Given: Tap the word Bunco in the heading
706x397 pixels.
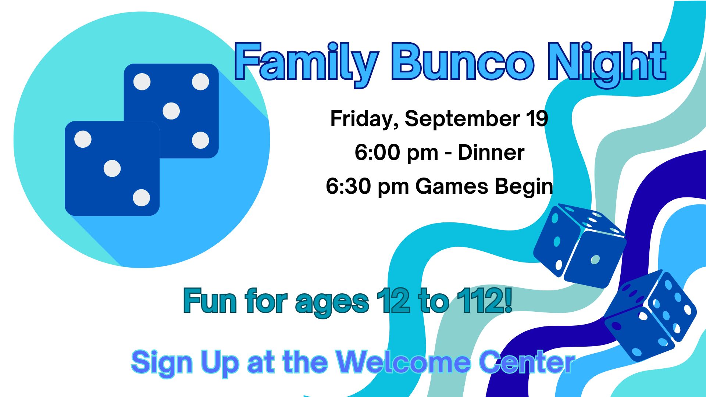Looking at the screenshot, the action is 462,61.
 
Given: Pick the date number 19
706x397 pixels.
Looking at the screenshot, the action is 537,118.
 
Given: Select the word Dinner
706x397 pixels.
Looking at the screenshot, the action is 491,153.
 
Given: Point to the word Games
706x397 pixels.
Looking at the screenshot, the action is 452,186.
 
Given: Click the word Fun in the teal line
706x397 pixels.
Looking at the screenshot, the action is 210,301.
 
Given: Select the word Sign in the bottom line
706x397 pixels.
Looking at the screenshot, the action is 162,363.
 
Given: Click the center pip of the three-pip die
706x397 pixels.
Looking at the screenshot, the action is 112,168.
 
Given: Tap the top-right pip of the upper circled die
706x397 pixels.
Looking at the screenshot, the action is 200,82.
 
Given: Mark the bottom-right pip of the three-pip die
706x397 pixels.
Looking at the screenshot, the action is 142,198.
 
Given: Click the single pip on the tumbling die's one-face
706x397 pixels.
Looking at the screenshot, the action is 595,260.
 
